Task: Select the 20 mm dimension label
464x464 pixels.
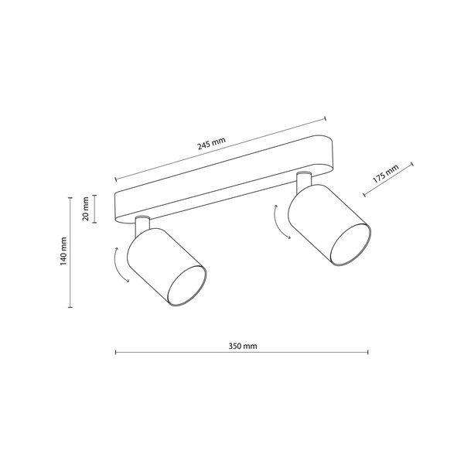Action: coord(86,208)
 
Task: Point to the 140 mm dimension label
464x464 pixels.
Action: coord(64,251)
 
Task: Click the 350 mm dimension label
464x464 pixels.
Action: coord(243,346)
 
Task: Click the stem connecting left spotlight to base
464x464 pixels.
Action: coord(141,225)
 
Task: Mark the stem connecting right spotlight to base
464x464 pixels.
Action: coord(303,182)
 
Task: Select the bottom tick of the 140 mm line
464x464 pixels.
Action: coord(72,307)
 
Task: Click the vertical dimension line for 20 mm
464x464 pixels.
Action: coord(94,208)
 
